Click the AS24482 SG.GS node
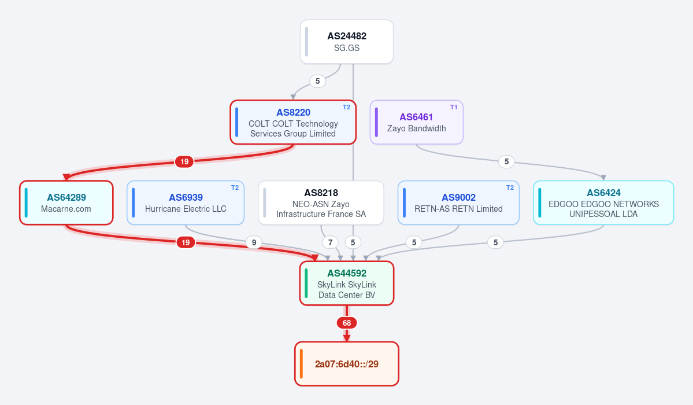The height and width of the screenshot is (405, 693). tap(347, 42)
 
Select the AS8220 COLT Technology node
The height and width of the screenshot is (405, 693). tap(293, 122)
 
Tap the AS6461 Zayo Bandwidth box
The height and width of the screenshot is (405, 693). tap(416, 122)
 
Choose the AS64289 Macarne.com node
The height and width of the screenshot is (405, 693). tap(66, 203)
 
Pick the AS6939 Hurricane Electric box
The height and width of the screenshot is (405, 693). tap(186, 203)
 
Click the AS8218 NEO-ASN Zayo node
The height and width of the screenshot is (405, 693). tap(321, 203)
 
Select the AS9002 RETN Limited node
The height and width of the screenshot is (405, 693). tap(458, 203)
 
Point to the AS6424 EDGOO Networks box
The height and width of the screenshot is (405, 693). tap(603, 203)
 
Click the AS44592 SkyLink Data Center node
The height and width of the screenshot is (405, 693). tap(347, 283)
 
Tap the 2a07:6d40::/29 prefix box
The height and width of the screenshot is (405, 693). tap(347, 364)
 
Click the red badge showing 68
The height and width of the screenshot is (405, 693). tap(347, 323)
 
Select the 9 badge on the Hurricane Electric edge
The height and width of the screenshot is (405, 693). tap(254, 242)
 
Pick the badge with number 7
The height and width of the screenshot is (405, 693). tap(330, 242)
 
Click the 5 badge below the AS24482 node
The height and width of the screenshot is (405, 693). tap(317, 82)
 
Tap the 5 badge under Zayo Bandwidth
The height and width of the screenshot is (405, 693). tap(506, 162)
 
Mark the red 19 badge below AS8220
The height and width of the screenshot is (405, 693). tap(184, 162)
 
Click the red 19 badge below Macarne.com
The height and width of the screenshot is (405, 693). tap(186, 242)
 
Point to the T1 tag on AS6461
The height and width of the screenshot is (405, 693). tap(454, 107)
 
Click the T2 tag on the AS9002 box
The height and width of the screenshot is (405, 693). tap(510, 187)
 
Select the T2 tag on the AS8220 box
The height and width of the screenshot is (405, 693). tap(347, 107)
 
